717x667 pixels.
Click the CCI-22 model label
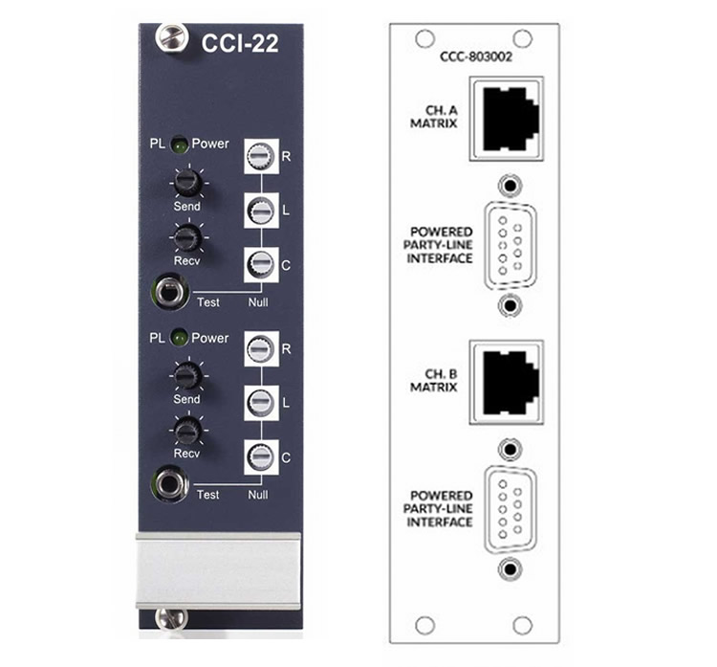click(240, 43)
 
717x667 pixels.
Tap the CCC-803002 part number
click(475, 56)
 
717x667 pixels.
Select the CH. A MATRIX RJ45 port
click(506, 119)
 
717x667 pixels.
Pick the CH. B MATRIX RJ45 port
click(506, 382)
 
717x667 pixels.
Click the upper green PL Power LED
click(180, 145)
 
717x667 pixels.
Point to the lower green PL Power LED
click(179, 339)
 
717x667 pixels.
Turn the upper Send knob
click(188, 182)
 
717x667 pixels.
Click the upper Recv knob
click(188, 236)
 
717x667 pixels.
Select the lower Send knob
click(187, 375)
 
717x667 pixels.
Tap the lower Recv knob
click(187, 431)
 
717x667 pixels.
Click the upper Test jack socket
click(169, 292)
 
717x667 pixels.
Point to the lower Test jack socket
click(169, 484)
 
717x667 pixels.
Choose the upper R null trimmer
click(261, 156)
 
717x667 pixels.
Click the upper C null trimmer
click(261, 265)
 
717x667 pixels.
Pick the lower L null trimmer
click(261, 403)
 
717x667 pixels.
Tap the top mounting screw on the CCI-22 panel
click(172, 37)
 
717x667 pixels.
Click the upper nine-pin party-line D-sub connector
click(510, 245)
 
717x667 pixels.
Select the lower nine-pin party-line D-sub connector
click(510, 509)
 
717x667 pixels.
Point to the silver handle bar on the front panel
click(219, 570)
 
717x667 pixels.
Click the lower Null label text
click(258, 495)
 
